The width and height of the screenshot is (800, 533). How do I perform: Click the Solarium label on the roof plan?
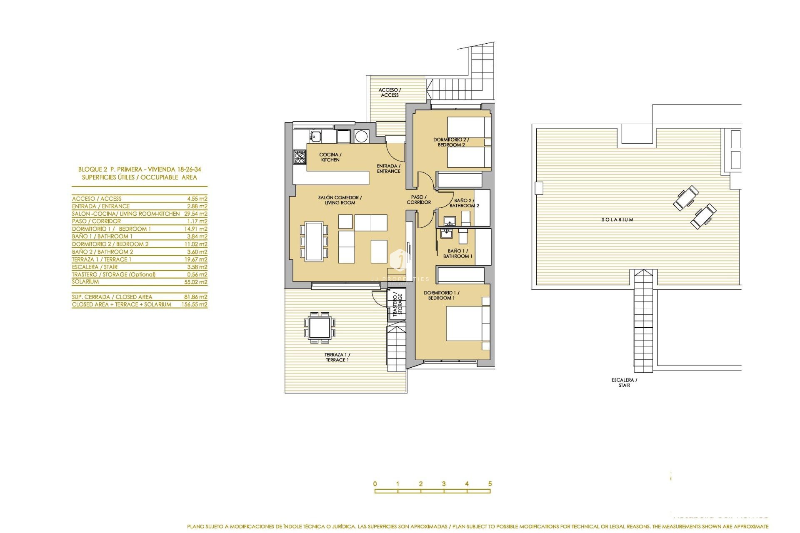[617, 219]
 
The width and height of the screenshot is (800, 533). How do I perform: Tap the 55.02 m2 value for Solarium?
[197, 282]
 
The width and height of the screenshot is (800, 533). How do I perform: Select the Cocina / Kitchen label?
[330, 157]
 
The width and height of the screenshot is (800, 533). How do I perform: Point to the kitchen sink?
[315, 135]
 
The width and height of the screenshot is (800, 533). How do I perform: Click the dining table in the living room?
[314, 242]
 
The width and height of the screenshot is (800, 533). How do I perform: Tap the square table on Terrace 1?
[320, 327]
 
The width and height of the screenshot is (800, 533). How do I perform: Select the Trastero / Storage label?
[397, 305]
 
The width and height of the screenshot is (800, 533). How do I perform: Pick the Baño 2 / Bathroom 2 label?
[464, 203]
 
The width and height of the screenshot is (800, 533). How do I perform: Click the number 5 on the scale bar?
[490, 484]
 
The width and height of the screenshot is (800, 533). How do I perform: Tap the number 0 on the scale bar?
[375, 484]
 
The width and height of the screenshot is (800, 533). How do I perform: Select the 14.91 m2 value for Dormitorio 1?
[197, 229]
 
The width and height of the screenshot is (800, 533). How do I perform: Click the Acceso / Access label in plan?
[390, 92]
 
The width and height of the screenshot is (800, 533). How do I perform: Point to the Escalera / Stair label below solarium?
[624, 382]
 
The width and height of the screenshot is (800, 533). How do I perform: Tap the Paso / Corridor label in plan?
[419, 199]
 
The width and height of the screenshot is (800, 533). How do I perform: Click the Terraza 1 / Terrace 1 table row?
[139, 259]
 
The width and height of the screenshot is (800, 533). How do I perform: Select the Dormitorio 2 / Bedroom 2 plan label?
[451, 142]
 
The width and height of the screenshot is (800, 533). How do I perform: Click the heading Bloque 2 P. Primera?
[139, 169]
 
